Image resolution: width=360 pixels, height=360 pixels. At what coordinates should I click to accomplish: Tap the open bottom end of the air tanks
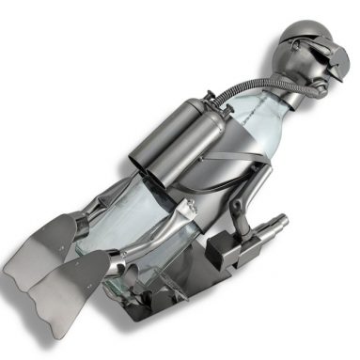(x=141, y=168)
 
